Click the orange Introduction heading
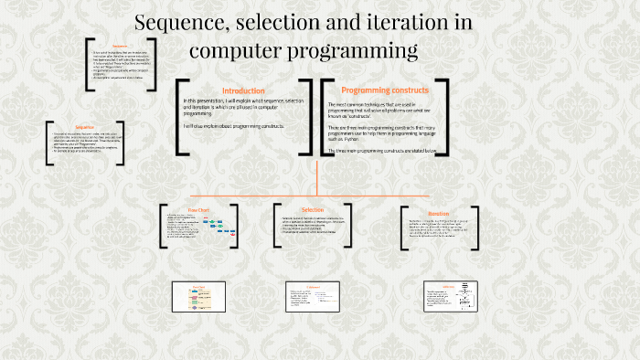(x=243, y=90)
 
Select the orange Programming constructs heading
(x=383, y=90)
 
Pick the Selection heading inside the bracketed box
(x=312, y=209)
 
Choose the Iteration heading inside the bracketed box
(x=439, y=213)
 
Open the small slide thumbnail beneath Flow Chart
(x=199, y=298)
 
